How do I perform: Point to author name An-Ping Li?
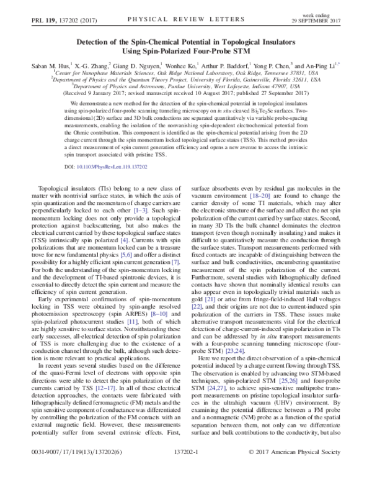(x=321, y=64)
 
